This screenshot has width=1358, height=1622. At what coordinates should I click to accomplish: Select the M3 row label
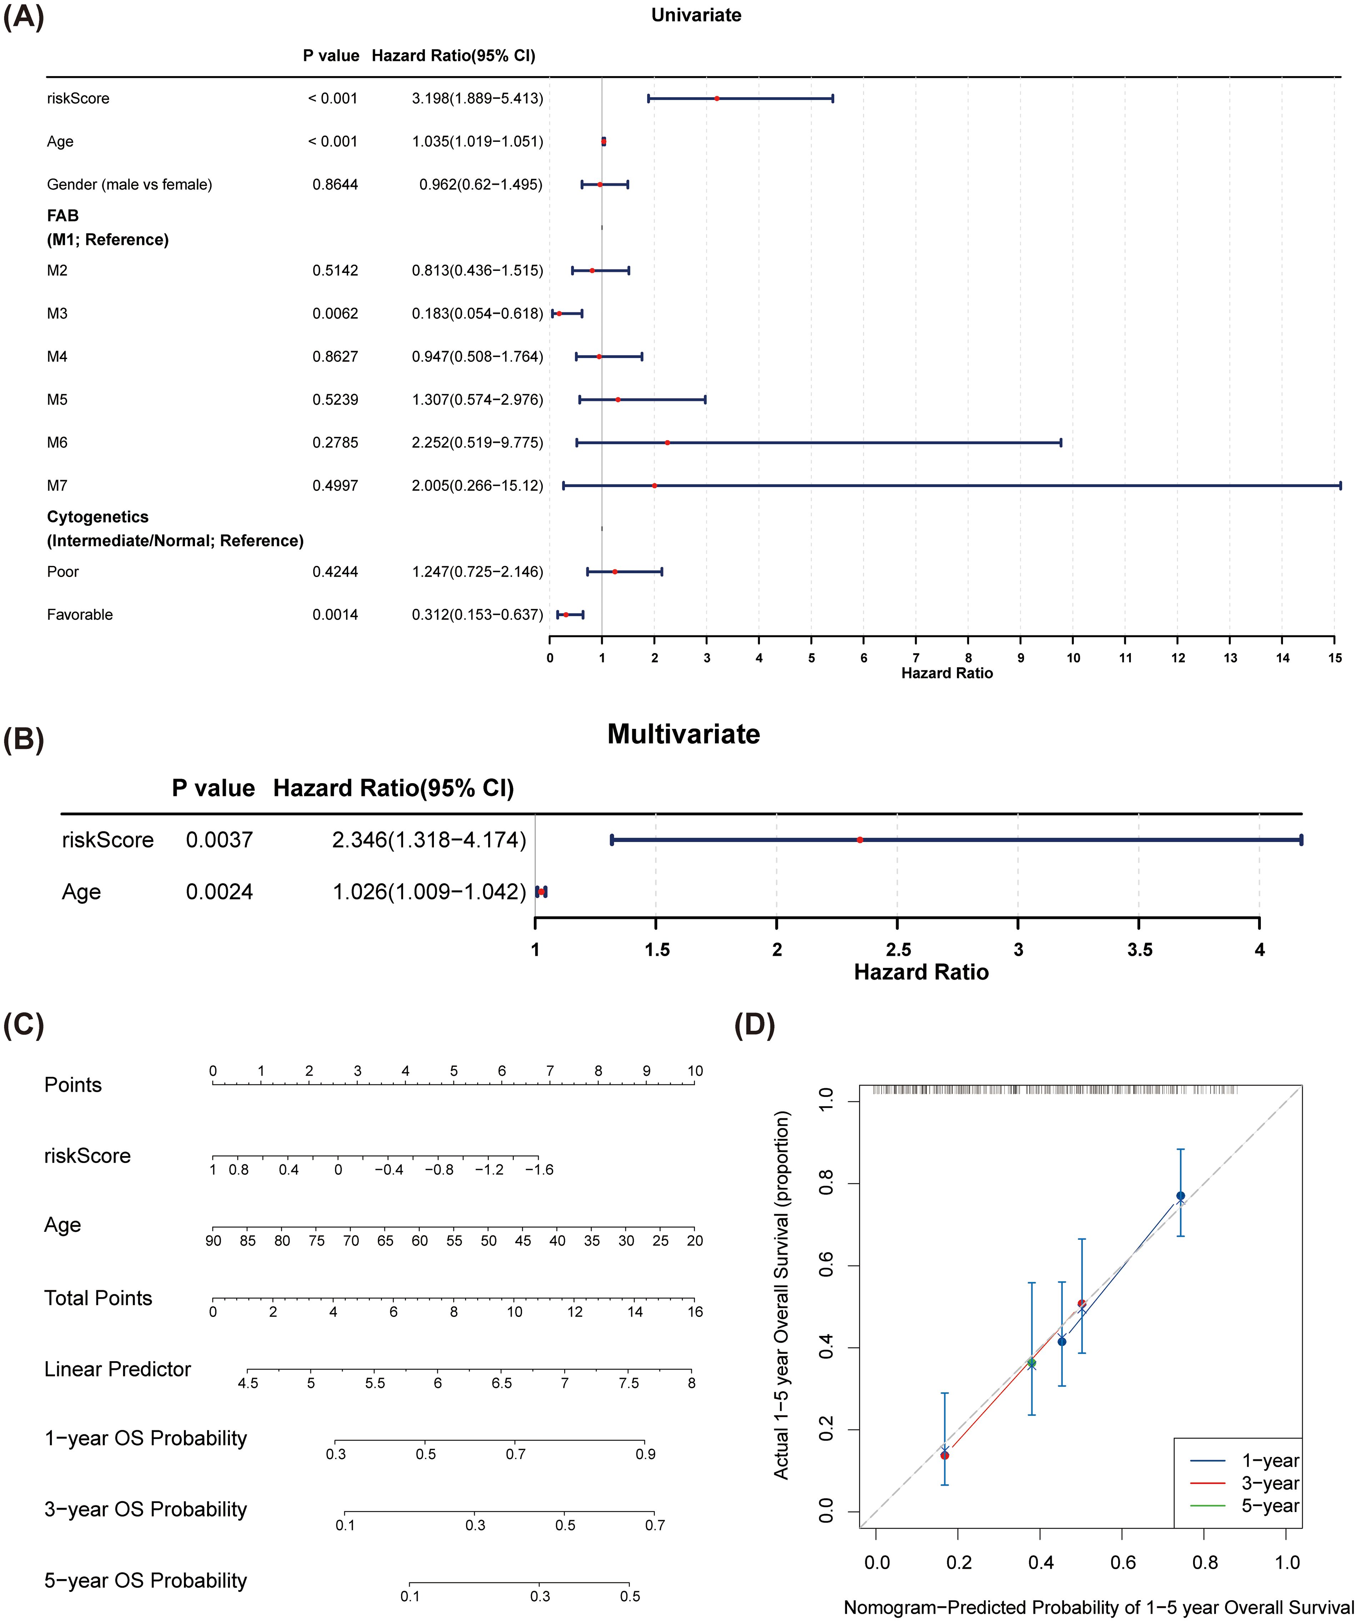click(57, 314)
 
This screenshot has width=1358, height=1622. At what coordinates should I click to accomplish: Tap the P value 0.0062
click(335, 314)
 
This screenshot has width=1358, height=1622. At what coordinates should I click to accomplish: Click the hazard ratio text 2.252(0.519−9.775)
click(477, 443)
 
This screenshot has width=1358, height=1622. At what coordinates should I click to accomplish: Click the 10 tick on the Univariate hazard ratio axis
click(1073, 658)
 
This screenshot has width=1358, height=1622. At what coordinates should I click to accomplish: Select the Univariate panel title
click(696, 15)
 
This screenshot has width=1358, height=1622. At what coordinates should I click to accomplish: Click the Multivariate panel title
click(683, 734)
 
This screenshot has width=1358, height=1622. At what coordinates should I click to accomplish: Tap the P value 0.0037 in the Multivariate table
click(219, 840)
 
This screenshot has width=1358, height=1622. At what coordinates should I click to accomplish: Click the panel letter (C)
click(24, 1025)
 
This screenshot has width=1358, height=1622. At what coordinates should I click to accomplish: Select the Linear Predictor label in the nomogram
click(117, 1369)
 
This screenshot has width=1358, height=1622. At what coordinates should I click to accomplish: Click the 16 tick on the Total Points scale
click(695, 1312)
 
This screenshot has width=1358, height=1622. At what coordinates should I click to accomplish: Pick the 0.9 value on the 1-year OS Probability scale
click(645, 1454)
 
